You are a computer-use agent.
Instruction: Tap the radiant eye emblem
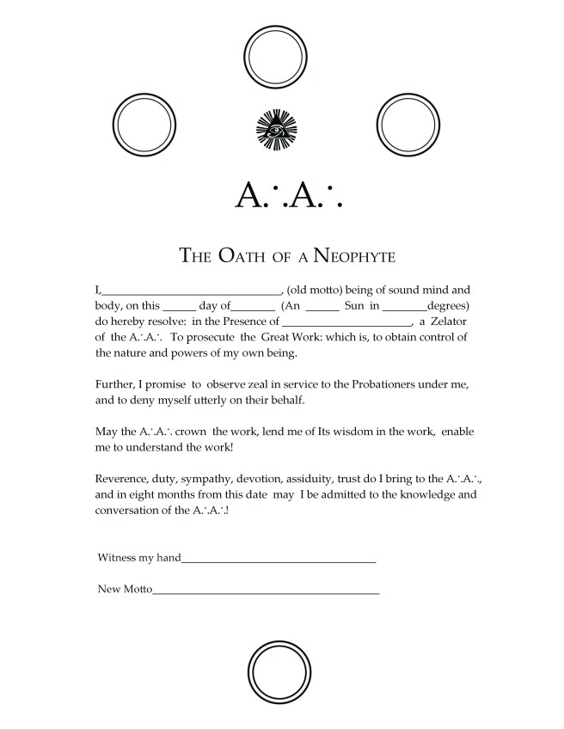click(276, 130)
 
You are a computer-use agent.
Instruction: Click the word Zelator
click(452, 322)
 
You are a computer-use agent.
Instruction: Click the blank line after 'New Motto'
click(266, 591)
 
